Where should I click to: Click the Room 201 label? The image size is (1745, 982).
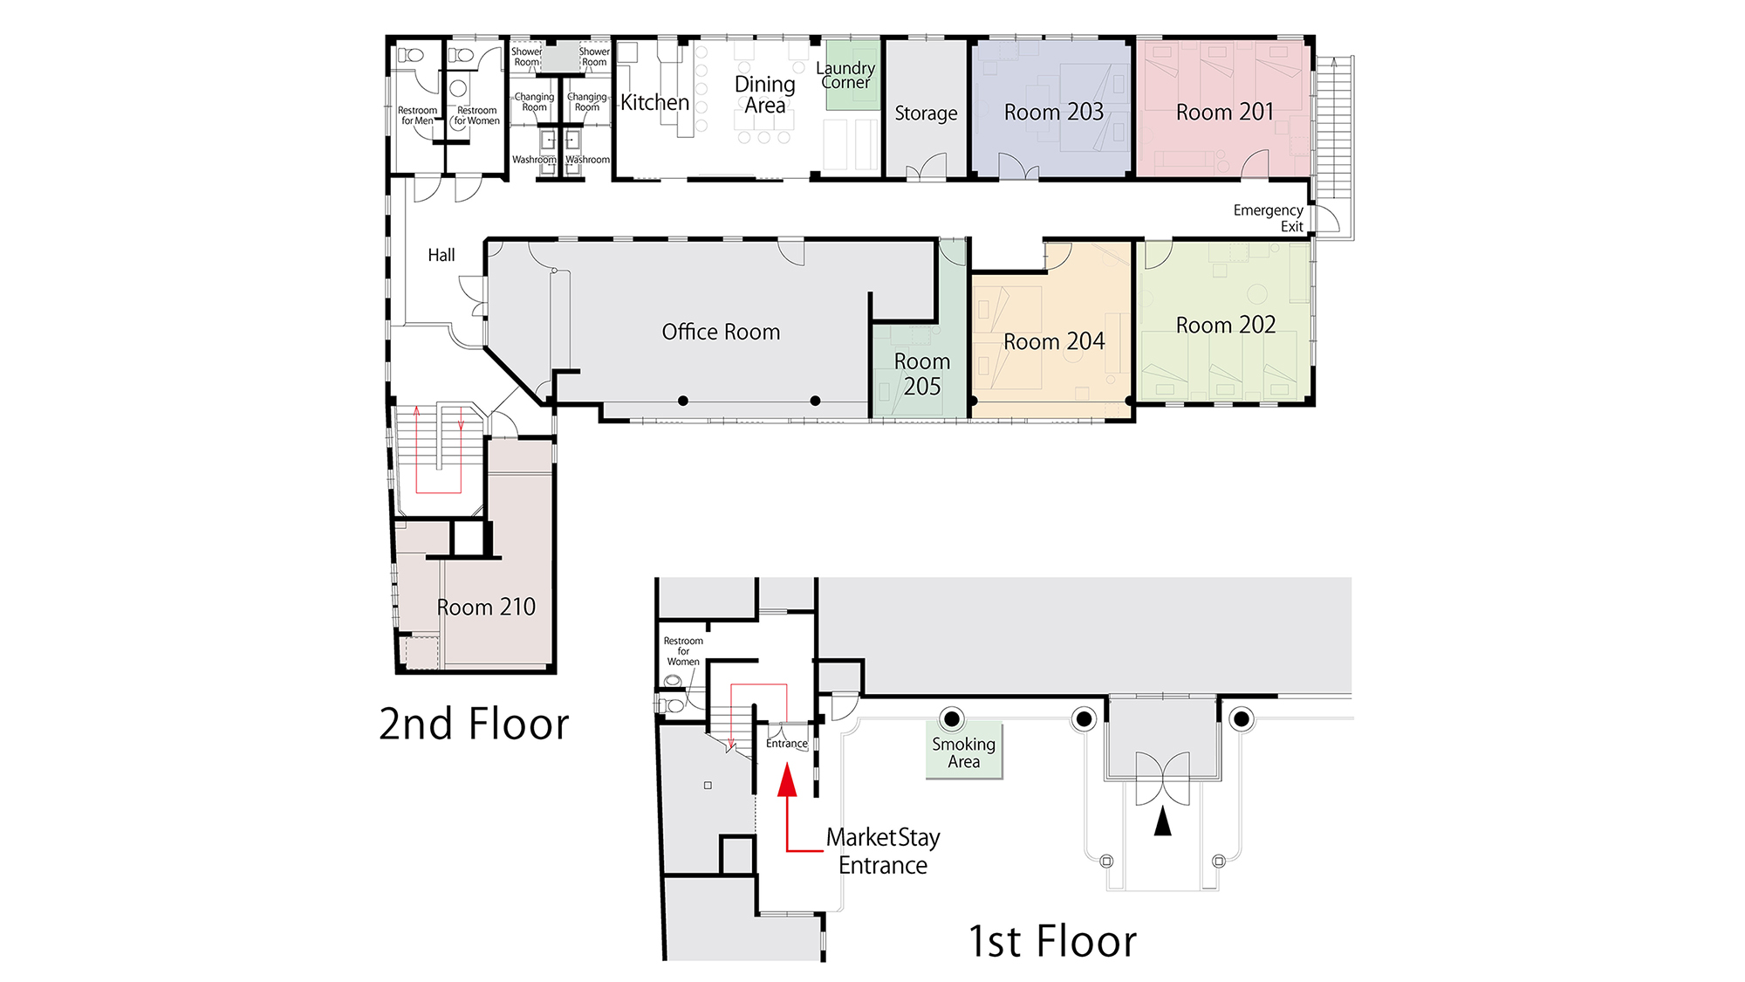[1224, 113]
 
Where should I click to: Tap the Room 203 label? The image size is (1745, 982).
[1053, 113]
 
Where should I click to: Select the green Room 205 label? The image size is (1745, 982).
[921, 374]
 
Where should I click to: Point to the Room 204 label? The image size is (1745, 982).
[1053, 341]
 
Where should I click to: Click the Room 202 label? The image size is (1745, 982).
[1225, 326]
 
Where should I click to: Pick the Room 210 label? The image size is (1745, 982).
[485, 608]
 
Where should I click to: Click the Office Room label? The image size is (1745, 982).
[721, 332]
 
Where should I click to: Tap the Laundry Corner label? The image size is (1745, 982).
[845, 75]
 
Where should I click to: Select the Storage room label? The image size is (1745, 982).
[926, 113]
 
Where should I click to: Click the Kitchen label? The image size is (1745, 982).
[654, 103]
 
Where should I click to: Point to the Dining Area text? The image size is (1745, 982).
[764, 95]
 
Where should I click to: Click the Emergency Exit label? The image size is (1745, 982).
[1268, 218]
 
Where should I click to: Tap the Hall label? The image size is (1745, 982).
[441, 256]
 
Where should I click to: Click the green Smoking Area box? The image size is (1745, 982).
[963, 752]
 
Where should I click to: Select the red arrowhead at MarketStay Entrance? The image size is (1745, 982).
[787, 780]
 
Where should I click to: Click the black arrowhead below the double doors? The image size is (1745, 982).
[1162, 821]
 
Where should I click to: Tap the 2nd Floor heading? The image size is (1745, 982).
[474, 724]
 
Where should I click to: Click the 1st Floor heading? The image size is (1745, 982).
[1052, 942]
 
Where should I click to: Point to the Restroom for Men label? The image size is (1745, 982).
[417, 116]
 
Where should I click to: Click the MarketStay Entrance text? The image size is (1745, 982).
[882, 851]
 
